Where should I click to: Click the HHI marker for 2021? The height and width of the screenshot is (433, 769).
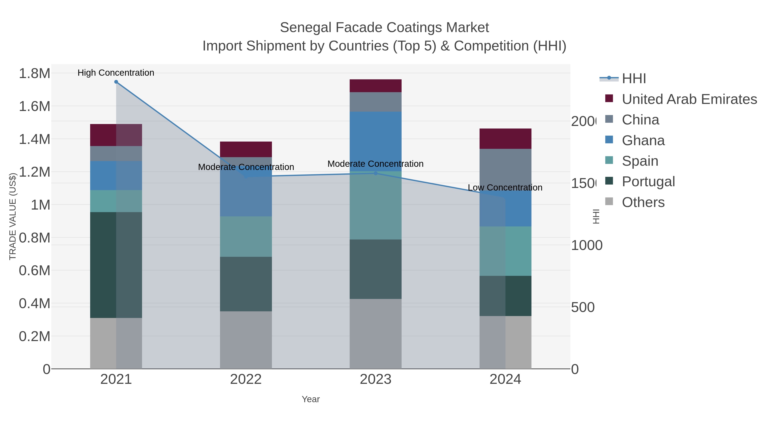[116, 82]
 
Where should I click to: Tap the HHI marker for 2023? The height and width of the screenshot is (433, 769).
[376, 173]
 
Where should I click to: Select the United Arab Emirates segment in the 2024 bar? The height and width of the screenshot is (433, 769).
[505, 139]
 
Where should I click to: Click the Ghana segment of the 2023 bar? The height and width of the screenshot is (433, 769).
[376, 141]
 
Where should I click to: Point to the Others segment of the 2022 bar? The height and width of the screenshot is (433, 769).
[246, 340]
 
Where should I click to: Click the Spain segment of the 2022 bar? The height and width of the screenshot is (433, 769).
[246, 236]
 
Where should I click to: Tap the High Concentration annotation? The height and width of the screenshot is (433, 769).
[116, 73]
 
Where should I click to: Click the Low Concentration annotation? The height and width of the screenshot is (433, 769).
[505, 188]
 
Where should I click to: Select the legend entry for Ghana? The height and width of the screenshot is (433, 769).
[643, 140]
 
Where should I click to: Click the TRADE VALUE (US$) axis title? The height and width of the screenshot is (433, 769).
[13, 216]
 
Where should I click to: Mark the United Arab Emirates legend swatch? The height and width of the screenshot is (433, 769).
[609, 99]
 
